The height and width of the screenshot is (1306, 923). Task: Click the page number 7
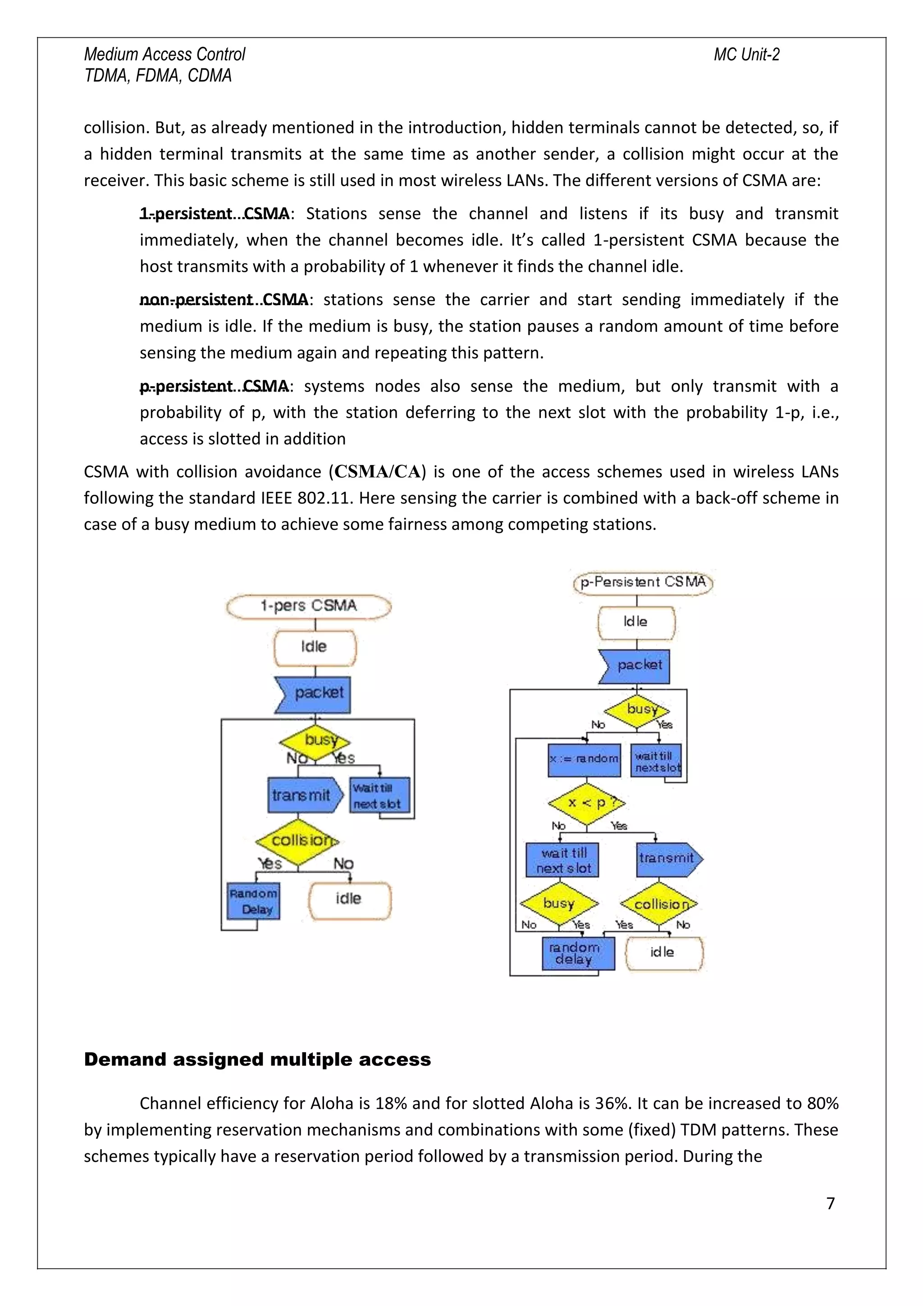click(x=830, y=1203)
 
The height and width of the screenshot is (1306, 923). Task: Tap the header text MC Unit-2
click(x=746, y=55)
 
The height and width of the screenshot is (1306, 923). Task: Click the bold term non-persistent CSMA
click(x=224, y=300)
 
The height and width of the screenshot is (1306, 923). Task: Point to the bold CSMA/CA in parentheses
click(x=378, y=471)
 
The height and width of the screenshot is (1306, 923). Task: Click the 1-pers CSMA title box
click(x=309, y=606)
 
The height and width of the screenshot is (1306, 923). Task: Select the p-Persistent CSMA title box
click(x=643, y=582)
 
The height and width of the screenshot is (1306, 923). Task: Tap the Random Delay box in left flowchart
click(x=253, y=901)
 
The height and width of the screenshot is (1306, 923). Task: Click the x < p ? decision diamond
click(x=586, y=803)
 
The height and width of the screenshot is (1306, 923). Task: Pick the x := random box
click(x=584, y=759)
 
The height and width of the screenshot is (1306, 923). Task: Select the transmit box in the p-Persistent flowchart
click(x=667, y=859)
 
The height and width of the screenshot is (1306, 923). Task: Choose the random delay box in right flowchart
click(x=578, y=953)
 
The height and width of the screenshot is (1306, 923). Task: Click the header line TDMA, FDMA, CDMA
click(x=158, y=76)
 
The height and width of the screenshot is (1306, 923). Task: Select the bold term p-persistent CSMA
click(x=214, y=386)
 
